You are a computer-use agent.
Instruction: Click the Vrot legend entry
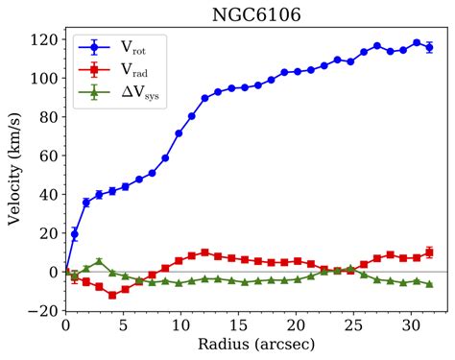[123, 46]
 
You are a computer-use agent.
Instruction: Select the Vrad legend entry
[123, 69]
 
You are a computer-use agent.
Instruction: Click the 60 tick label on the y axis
[47, 156]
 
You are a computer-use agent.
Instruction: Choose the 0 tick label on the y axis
[50, 272]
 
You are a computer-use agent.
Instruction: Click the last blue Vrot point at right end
[429, 47]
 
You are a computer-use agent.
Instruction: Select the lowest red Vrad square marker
[112, 295]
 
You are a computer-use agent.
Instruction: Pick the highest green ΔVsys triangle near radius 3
[99, 261]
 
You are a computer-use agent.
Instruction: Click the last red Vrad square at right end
[429, 252]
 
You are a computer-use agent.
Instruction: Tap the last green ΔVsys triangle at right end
[429, 284]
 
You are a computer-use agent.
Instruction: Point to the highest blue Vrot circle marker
[417, 43]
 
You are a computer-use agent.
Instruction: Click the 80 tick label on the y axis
[47, 117]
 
